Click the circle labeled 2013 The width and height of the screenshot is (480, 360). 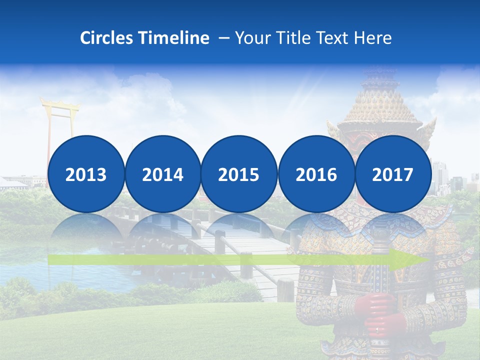click(x=86, y=174)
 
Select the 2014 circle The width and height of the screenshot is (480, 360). click(x=162, y=174)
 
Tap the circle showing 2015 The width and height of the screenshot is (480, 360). click(x=239, y=174)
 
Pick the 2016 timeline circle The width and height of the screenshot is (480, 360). click(x=316, y=174)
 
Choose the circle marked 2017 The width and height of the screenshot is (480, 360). click(x=393, y=174)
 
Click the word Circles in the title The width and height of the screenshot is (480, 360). click(x=107, y=38)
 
